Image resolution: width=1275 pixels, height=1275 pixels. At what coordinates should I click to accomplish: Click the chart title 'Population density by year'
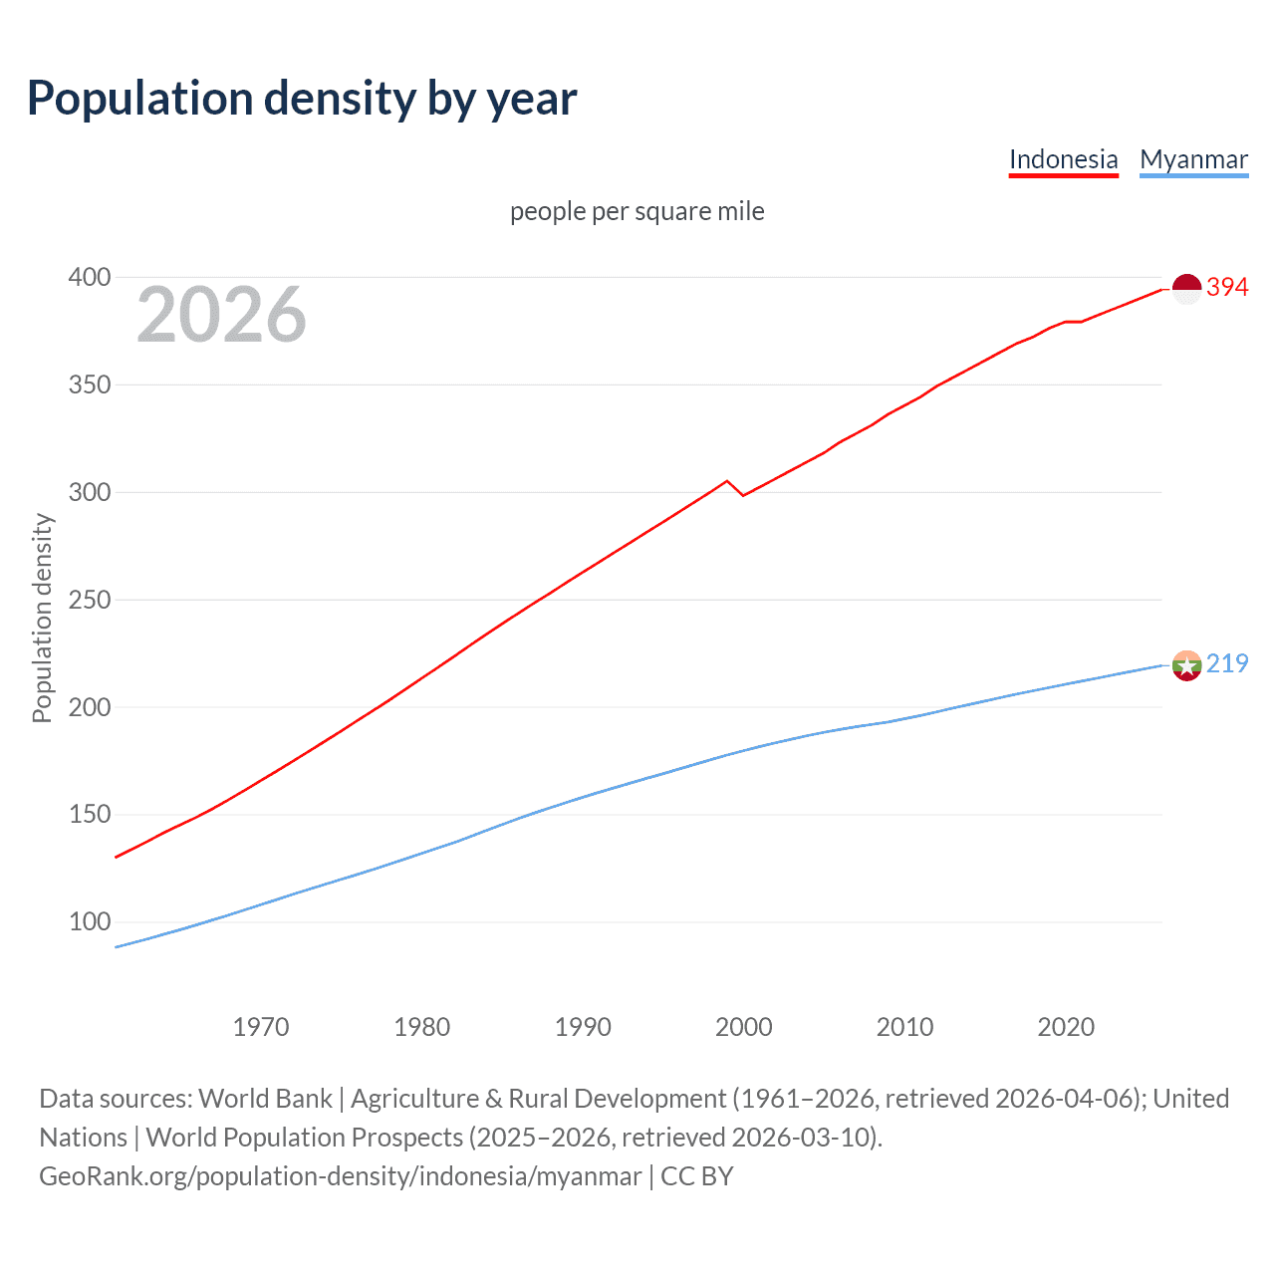point(302,99)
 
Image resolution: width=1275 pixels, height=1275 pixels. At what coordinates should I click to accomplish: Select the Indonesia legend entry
point(1063,159)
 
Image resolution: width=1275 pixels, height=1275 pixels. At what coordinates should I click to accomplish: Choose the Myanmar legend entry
point(1193,159)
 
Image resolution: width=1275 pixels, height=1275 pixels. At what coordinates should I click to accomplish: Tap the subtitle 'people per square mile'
point(637,211)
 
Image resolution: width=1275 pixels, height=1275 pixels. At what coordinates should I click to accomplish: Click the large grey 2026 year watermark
point(221,315)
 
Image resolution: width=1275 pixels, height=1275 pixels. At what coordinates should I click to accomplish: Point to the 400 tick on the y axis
point(89,277)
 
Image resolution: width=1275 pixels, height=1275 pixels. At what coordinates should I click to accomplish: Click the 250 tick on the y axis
point(89,600)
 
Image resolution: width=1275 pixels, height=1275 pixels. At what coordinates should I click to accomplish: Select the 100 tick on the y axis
point(89,922)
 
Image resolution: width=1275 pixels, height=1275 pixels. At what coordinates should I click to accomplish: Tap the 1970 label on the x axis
point(261,1027)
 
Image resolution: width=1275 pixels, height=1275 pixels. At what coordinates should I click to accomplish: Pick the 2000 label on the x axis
point(744,1027)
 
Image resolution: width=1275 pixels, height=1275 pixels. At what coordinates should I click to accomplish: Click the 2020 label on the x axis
point(1066,1027)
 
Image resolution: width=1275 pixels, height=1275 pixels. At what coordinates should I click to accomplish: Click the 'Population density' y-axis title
point(42,618)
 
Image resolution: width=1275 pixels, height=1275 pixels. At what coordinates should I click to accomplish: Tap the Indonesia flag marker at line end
point(1186,289)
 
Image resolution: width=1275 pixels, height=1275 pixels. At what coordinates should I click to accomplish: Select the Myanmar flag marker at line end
point(1186,665)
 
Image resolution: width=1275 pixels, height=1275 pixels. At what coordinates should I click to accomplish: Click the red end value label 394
point(1227,288)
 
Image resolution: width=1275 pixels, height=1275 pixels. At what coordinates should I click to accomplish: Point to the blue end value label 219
point(1227,664)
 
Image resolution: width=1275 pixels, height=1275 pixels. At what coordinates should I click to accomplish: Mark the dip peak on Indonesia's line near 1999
point(726,481)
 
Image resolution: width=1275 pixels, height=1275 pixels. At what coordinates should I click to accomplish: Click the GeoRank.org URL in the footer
point(340,1176)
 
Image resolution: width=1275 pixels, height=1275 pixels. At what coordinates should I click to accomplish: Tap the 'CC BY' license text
point(697,1176)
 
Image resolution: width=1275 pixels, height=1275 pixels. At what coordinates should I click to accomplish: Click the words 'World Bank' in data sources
point(265,1099)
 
